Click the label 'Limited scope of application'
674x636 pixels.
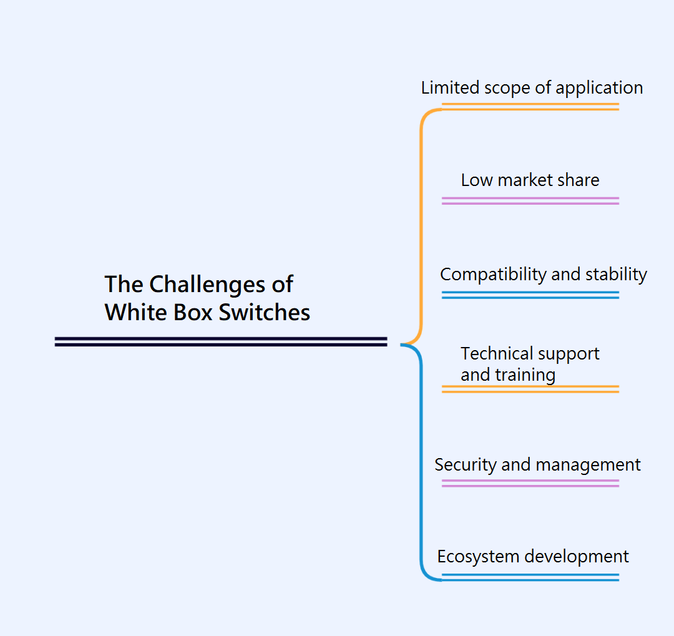(x=532, y=88)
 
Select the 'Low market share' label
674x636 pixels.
(x=530, y=180)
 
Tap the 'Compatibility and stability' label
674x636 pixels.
(x=543, y=275)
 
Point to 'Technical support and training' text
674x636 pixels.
(x=529, y=364)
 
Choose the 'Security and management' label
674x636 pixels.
(x=537, y=465)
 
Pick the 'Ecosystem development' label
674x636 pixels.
(x=532, y=557)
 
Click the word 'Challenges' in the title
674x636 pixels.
(x=203, y=285)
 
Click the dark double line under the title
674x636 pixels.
(x=221, y=341)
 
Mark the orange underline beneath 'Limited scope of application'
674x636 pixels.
(x=530, y=107)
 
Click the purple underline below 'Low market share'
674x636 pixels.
(x=530, y=201)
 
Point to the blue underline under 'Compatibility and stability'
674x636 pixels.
(x=530, y=295)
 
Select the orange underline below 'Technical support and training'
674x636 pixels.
(x=530, y=389)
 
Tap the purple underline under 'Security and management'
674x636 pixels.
(x=530, y=483)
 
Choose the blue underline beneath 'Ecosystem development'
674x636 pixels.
(x=530, y=577)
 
